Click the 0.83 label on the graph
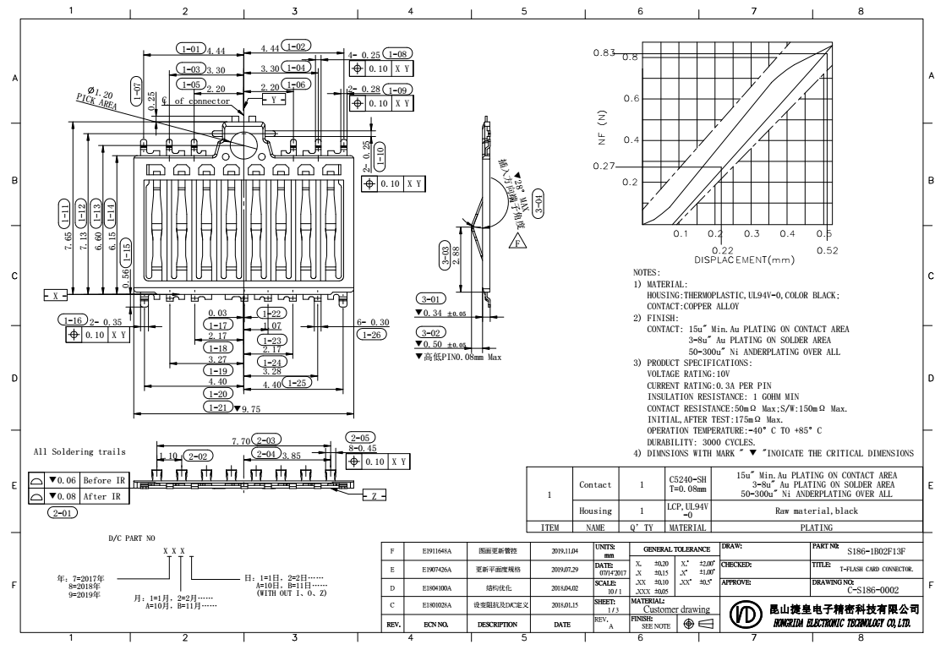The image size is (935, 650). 604,54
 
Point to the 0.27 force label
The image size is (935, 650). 604,165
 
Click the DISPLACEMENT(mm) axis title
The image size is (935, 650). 744,259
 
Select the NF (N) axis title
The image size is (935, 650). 602,127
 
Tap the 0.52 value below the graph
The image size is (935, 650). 828,250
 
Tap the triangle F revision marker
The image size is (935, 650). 517,243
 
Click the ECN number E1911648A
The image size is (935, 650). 437,551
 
